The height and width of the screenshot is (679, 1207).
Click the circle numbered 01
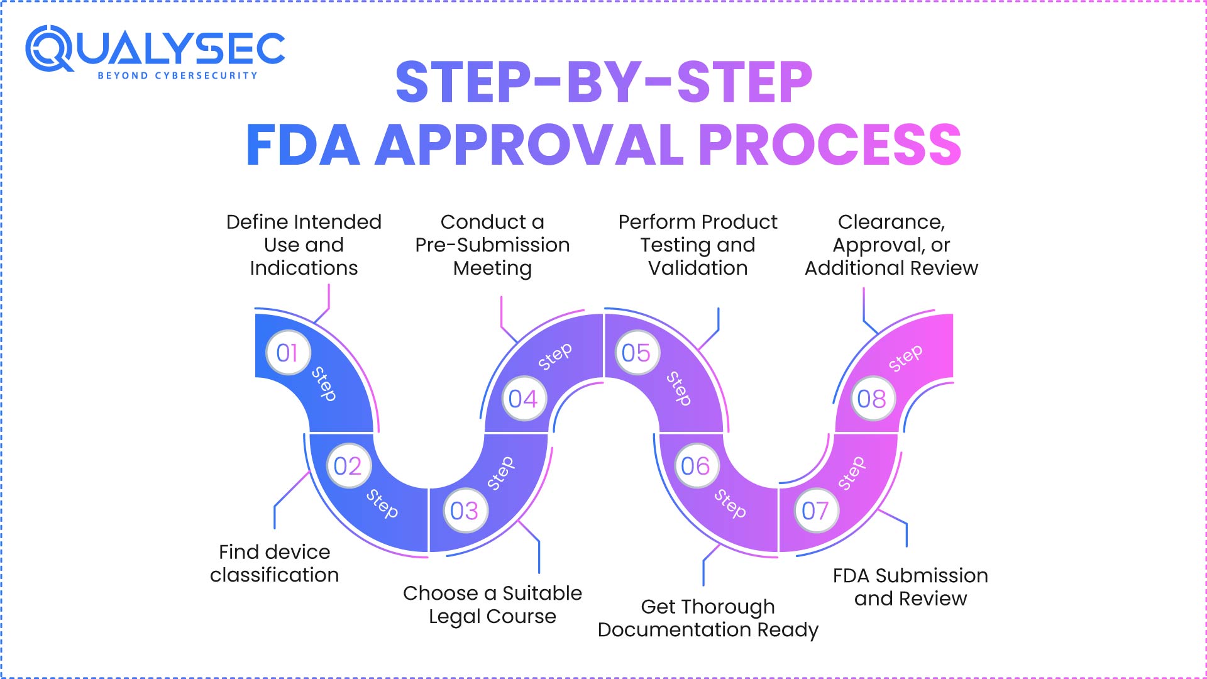click(x=288, y=353)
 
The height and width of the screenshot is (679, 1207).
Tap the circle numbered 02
click(x=348, y=466)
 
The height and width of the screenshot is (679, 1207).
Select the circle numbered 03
click(x=465, y=511)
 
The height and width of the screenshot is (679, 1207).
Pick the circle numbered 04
click(x=523, y=399)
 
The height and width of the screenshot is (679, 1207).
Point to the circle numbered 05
click(x=636, y=353)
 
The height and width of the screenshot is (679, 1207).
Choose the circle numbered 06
click(x=695, y=466)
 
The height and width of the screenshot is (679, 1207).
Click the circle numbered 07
click(x=815, y=511)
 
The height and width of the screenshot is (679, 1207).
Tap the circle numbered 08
click(x=872, y=399)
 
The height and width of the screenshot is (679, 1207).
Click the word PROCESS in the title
click(x=830, y=145)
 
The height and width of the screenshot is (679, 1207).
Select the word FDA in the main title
click(x=303, y=145)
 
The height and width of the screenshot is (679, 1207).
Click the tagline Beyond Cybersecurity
click(x=177, y=75)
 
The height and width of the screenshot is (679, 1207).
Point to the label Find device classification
click(x=275, y=563)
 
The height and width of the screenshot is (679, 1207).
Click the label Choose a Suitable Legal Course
click(x=492, y=604)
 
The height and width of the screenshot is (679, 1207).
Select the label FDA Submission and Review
click(x=910, y=587)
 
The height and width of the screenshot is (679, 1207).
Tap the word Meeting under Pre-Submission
click(x=492, y=268)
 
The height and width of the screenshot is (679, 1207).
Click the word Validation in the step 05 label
click(x=698, y=268)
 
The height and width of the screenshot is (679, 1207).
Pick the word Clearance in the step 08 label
click(x=891, y=222)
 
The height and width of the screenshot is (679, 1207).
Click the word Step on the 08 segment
click(x=905, y=358)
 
